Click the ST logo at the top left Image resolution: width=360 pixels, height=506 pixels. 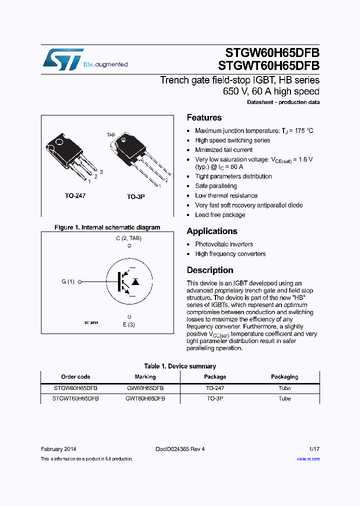pos(63,59)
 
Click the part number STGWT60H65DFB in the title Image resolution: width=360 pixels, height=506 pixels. pos(268,66)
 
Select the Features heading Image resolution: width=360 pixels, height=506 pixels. pos(204,118)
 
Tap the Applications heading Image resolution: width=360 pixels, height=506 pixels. pos(211,231)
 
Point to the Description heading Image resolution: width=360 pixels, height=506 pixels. pos(209,270)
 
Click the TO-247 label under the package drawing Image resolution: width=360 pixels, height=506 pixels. pos(75,196)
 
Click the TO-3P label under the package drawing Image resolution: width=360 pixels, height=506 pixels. pos(135,197)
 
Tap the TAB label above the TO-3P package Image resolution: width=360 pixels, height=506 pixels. pos(110,135)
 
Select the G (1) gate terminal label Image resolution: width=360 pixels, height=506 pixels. pos(68,282)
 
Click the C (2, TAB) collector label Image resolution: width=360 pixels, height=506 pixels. pos(129,238)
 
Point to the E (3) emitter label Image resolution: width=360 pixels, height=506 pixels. pos(129,325)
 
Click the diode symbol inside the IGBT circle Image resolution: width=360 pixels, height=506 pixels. pos(134,282)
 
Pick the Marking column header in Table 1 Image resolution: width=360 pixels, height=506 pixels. pos(145,377)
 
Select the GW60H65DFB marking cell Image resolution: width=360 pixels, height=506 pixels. pos(145,388)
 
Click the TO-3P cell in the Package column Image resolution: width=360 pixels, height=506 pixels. pos(215,398)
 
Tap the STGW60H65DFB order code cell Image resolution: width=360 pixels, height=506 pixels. pos(75,388)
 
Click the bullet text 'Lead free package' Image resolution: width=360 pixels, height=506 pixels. pos(220,215)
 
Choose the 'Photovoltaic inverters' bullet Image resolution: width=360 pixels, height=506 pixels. pos(224,244)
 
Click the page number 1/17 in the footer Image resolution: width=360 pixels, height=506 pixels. pos(313,449)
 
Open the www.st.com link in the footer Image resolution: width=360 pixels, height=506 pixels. pos(308,459)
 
